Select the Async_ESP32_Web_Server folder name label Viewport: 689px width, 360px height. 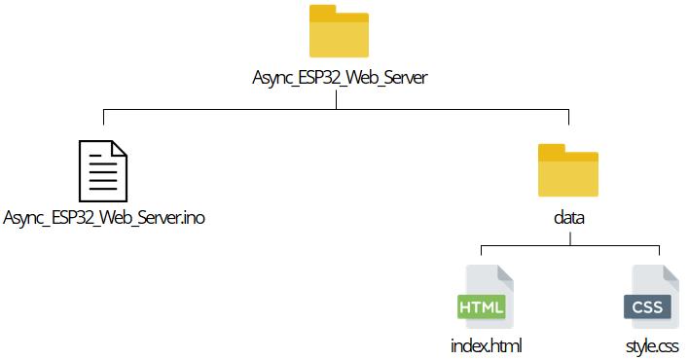point(338,79)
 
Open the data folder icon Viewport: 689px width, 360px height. point(567,173)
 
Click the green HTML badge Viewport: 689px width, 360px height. point(481,308)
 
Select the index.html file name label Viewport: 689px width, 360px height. point(480,345)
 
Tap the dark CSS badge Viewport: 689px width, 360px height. point(647,308)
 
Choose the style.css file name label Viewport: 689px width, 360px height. point(652,345)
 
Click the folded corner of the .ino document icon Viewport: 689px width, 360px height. point(118,148)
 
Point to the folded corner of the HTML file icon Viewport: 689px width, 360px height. point(503,272)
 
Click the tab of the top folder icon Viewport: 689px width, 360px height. point(321,12)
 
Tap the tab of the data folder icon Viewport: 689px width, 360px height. point(551,150)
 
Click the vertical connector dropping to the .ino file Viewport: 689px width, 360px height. point(104,122)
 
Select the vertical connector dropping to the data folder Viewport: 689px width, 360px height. point(567,122)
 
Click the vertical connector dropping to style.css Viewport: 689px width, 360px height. point(661,252)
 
